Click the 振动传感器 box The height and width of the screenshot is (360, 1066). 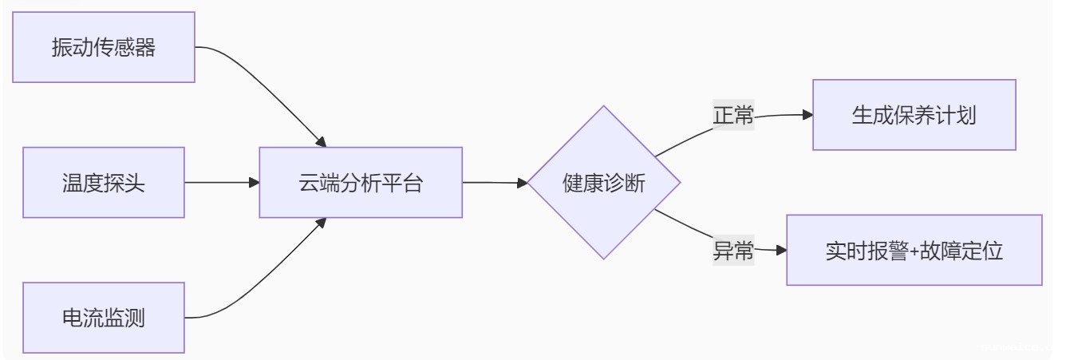pos(104,47)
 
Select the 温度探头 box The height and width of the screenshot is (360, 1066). pos(104,183)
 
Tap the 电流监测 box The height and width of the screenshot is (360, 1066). pos(104,318)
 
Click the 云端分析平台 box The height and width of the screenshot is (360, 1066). pos(361,183)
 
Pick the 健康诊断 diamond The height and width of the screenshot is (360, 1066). pos(604,183)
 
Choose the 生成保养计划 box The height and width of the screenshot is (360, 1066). pos(914,115)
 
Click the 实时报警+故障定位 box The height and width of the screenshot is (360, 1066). pos(914,250)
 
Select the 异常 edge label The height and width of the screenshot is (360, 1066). pos(733,251)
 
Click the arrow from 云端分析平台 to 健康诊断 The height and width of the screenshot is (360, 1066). pos(495,183)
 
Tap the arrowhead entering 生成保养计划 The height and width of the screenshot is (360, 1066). pos(807,115)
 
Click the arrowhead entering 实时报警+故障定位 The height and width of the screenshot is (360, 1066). pos(781,251)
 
